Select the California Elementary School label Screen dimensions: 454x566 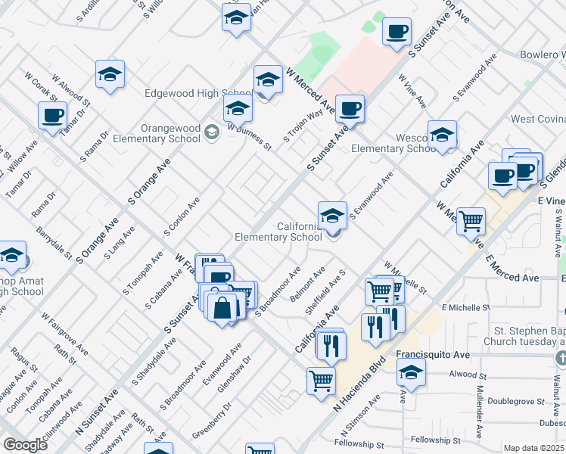(x=278, y=232)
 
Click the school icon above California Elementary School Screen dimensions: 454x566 (x=332, y=216)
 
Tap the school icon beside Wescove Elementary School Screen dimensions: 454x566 (x=442, y=135)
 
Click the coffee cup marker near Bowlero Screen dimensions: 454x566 (x=397, y=33)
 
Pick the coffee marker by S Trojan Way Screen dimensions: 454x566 (x=350, y=109)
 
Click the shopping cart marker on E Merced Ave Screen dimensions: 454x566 (x=471, y=222)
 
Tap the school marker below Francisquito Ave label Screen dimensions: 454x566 (x=411, y=372)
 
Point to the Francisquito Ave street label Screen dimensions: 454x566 (x=433, y=355)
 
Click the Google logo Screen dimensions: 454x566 (x=25, y=445)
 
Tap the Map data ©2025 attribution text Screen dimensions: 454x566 (x=534, y=448)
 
